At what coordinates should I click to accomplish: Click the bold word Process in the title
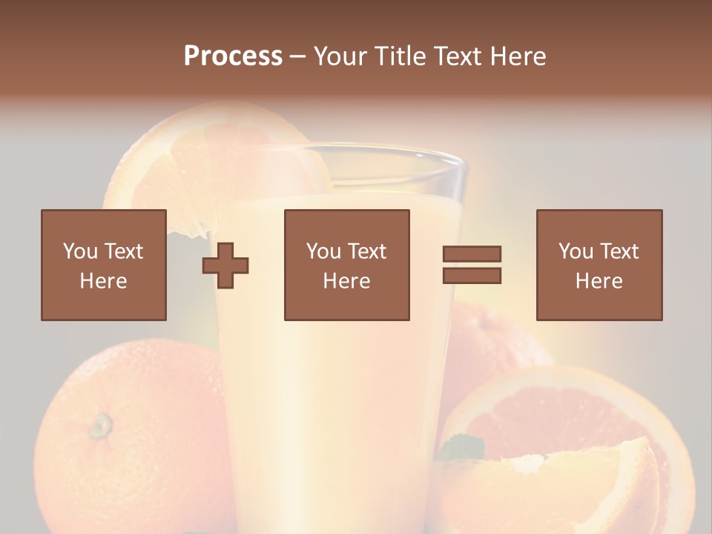pos(233,56)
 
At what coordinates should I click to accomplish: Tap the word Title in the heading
pos(400,56)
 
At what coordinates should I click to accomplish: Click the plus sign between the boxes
pos(225,266)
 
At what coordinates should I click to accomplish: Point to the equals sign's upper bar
pos(472,254)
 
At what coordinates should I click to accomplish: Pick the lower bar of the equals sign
pos(472,275)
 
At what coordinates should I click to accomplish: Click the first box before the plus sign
pos(103,265)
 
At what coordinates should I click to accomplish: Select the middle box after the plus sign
pos(346,265)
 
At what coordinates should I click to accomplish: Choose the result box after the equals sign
pos(599,265)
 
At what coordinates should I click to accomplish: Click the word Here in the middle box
pos(346,281)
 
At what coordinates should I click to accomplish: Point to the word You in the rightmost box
pos(576,251)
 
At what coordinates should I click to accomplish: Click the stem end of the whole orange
pos(101,425)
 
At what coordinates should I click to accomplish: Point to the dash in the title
pos(298,56)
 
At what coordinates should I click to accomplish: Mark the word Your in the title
pos(340,56)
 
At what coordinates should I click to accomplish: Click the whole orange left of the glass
pos(126,438)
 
